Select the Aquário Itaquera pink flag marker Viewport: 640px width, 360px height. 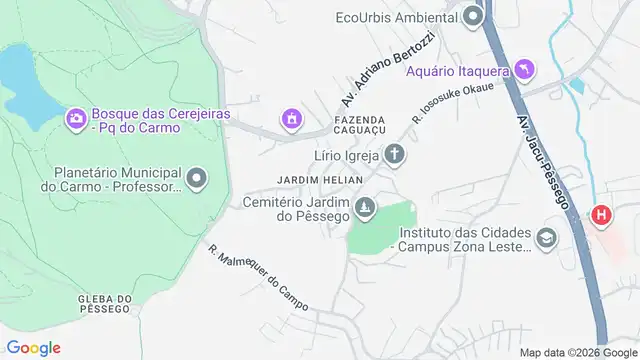click(524, 69)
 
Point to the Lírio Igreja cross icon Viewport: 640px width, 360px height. click(396, 155)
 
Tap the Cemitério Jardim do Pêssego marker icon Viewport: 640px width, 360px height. click(367, 206)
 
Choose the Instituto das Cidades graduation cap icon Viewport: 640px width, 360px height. click(546, 238)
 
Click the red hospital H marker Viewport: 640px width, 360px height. click(601, 214)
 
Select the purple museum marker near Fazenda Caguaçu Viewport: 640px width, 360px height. click(291, 119)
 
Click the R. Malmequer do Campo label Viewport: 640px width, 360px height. click(258, 277)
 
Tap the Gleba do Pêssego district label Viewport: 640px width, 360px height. click(103, 303)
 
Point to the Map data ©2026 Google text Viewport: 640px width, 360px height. click(576, 351)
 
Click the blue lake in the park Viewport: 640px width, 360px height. click(22, 85)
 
